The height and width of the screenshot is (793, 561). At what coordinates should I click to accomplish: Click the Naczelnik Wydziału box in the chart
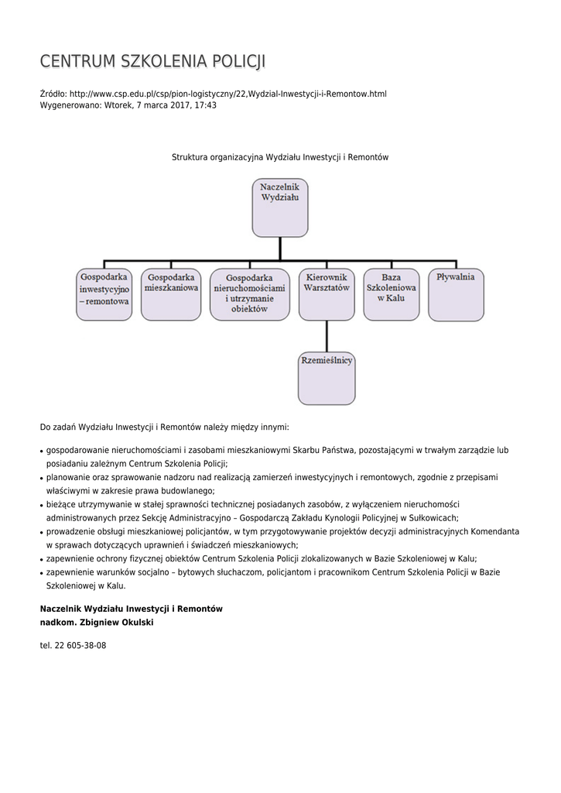pos(279,208)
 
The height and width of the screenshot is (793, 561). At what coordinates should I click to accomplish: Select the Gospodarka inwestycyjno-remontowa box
pos(104,294)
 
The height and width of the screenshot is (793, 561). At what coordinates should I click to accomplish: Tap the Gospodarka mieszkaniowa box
pos(171,294)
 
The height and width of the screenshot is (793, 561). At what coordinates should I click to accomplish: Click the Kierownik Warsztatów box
pos(327,294)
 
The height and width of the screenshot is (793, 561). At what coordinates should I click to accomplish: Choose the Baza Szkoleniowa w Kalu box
pos(392,294)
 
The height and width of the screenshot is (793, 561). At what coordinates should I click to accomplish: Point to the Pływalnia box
pos(456,294)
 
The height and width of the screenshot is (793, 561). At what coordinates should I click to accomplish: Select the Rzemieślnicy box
pos(327,378)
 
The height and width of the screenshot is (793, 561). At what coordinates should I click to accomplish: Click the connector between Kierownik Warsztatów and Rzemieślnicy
pos(327,335)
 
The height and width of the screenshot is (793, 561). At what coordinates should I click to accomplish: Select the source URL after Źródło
pos(227,94)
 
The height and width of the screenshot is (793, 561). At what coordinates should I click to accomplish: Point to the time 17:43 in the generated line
pos(206,105)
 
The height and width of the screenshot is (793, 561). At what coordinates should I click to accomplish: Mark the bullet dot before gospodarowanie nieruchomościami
pos(41,451)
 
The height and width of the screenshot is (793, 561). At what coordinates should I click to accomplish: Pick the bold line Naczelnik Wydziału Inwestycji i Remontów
pos(131,609)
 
